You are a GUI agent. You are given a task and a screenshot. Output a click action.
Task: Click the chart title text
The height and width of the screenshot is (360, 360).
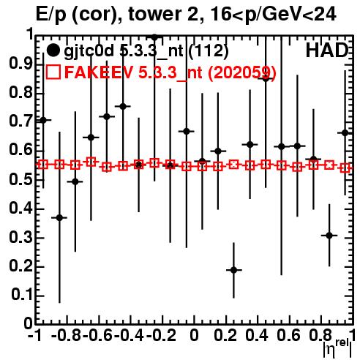[186, 15]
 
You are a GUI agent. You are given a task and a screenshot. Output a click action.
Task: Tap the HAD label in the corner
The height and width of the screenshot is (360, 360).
[327, 50]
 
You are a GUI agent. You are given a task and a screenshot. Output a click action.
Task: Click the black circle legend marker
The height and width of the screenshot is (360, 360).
[53, 50]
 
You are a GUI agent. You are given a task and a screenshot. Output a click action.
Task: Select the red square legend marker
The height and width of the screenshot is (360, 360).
[53, 72]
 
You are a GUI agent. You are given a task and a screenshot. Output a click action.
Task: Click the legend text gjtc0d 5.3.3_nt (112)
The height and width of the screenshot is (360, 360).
[146, 51]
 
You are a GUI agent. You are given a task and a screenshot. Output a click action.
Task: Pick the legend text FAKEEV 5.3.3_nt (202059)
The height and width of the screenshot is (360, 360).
[170, 72]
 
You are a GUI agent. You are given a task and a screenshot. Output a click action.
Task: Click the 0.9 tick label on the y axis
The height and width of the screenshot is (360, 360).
[20, 64]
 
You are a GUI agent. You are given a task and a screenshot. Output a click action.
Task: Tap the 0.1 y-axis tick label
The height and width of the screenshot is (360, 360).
[21, 295]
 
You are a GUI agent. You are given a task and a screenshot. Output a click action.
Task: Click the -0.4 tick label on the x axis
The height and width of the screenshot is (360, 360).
[129, 335]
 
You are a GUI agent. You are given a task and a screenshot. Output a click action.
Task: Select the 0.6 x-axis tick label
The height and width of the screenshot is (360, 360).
[288, 335]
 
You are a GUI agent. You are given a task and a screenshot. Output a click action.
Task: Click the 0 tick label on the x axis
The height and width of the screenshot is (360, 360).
[194, 335]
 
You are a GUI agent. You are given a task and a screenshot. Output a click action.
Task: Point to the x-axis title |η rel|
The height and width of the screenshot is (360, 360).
[337, 348]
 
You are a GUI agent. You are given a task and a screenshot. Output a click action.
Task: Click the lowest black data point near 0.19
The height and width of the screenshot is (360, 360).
[233, 270]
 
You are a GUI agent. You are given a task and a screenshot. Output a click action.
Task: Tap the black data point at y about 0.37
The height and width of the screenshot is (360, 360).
[59, 217]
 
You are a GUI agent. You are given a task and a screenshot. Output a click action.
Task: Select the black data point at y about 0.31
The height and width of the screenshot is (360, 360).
[329, 236]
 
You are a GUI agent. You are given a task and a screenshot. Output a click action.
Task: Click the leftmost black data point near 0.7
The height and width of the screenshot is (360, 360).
[43, 120]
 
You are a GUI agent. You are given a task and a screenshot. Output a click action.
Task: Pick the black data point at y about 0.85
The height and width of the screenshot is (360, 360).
[266, 78]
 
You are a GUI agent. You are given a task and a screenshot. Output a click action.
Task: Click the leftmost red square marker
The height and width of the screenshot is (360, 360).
[43, 165]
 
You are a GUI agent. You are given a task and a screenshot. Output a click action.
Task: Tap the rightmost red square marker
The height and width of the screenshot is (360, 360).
[345, 168]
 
